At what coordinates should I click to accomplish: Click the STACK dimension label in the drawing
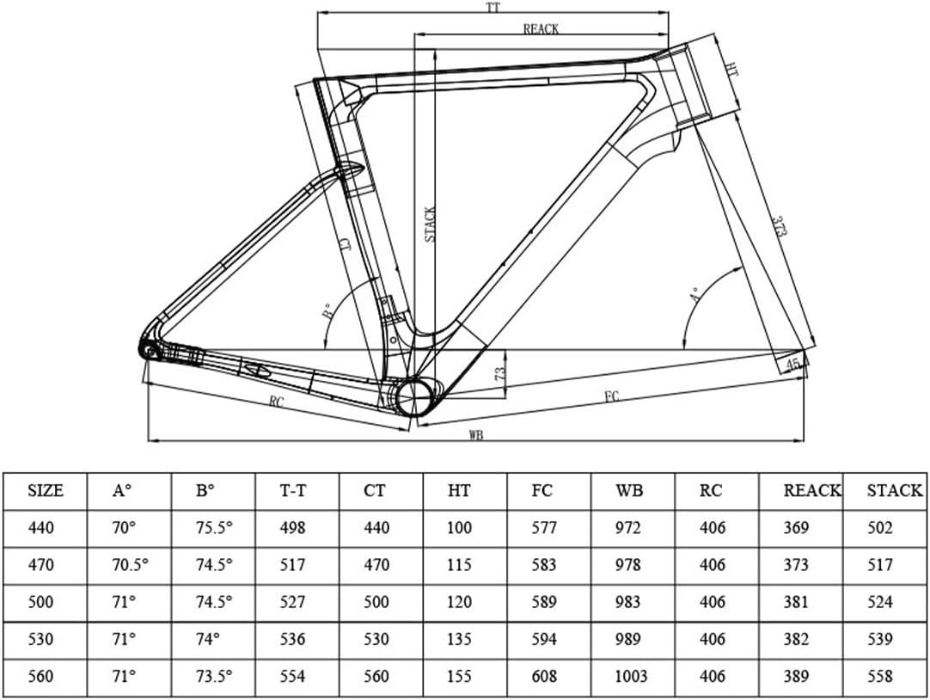click(x=431, y=224)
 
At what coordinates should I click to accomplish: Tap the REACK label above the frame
click(x=541, y=29)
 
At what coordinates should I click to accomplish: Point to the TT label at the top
click(x=493, y=7)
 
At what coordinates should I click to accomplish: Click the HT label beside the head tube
click(x=731, y=68)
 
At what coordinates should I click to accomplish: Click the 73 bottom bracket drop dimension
click(x=499, y=373)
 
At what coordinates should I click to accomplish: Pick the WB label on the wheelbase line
click(x=475, y=435)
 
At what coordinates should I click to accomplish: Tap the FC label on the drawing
click(x=612, y=396)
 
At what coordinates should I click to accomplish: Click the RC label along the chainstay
click(x=277, y=402)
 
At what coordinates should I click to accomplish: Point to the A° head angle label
click(x=697, y=292)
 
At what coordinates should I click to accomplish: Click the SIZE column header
click(x=46, y=490)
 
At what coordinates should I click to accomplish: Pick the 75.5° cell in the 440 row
click(x=214, y=527)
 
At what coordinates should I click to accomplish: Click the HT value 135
click(x=459, y=639)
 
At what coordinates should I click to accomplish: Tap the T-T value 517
click(x=292, y=565)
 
